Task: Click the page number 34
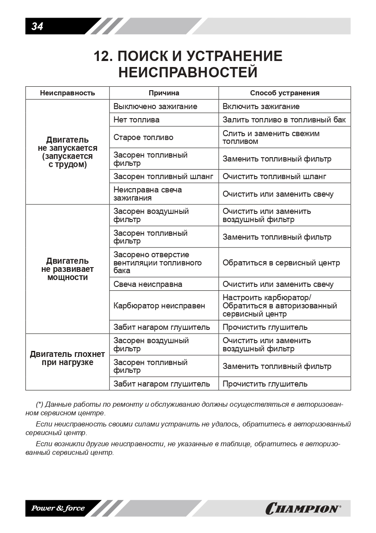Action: (x=37, y=27)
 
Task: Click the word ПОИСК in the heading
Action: (x=142, y=56)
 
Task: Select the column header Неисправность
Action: (x=67, y=93)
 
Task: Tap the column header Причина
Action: (x=164, y=93)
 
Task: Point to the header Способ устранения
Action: (x=284, y=93)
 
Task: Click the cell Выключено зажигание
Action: (x=155, y=107)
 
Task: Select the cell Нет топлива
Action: (x=136, y=120)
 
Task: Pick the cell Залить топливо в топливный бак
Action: (x=284, y=120)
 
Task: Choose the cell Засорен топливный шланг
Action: (x=163, y=177)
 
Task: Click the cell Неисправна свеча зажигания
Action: (x=147, y=194)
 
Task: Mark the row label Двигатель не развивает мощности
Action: (x=67, y=269)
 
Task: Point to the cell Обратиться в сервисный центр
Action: (x=281, y=263)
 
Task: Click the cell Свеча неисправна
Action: (x=148, y=284)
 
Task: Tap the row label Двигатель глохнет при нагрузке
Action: (x=67, y=359)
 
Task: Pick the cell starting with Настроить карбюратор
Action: (x=279, y=306)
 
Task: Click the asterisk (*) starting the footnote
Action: (x=40, y=405)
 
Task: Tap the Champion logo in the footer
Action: (x=303, y=509)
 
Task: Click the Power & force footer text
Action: (x=58, y=509)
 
